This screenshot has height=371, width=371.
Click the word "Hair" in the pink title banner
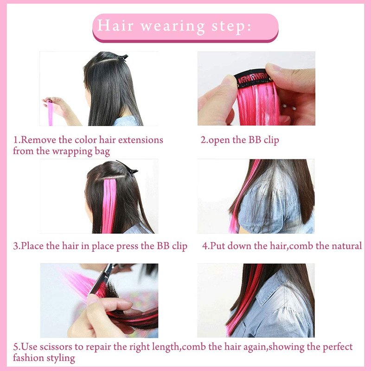115,26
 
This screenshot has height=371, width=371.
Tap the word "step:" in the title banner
231,26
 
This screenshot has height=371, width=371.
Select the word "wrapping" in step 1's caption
72,152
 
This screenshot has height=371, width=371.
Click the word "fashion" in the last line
28,358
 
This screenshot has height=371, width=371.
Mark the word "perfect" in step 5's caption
338,347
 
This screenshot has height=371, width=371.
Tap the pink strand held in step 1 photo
51,113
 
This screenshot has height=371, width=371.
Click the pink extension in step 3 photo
109,206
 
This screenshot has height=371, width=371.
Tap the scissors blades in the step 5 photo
102,279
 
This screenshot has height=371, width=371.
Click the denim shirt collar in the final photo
272,288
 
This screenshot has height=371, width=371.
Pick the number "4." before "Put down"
205,246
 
